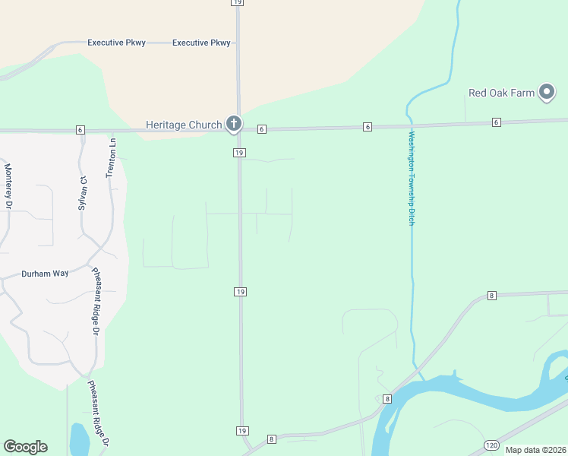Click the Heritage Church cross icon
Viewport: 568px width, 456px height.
234,124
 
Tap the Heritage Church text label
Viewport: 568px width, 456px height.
184,125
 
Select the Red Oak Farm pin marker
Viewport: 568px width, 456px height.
547,93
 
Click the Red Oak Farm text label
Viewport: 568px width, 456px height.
501,93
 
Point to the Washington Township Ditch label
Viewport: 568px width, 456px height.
412,178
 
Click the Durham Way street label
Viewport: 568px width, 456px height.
45,274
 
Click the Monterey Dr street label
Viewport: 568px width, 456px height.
8,186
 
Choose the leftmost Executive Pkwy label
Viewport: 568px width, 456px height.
116,43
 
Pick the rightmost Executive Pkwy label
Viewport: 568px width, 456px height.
201,43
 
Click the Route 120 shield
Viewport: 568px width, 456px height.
491,444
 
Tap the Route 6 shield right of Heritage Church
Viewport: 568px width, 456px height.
261,129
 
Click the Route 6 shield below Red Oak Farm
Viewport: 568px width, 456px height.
497,122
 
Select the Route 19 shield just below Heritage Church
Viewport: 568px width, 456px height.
238,153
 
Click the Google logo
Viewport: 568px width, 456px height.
25,447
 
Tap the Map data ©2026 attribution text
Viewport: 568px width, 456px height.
535,450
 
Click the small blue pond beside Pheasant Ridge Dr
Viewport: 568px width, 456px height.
79,439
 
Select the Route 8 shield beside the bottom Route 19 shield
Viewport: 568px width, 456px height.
271,439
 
